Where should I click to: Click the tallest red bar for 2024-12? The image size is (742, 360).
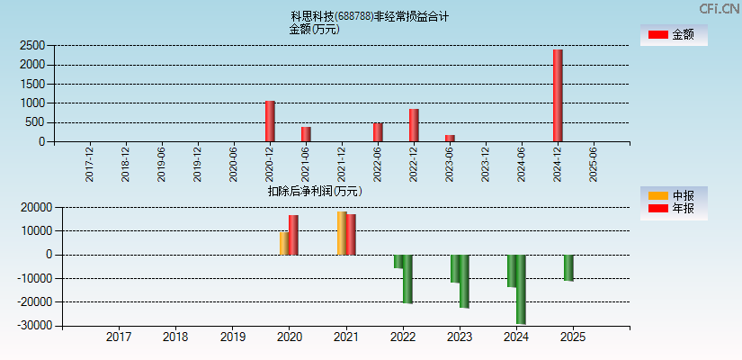558,95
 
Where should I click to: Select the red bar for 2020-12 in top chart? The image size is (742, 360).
270,121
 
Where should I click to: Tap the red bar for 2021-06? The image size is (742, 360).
306,134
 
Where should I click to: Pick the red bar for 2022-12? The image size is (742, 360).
414,125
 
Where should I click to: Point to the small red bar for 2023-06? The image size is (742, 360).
450,138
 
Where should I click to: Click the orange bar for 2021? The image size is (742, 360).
342,233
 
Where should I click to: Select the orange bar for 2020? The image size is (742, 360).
284,243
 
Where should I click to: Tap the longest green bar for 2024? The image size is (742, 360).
521,289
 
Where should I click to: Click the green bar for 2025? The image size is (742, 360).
568,267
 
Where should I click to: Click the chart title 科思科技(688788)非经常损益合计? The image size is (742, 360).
370,16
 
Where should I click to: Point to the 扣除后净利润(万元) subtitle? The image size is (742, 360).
315,191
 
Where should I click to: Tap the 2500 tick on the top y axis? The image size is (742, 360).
32,45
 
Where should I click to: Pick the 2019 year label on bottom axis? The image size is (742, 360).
232,337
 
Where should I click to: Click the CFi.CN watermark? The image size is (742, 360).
719,8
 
